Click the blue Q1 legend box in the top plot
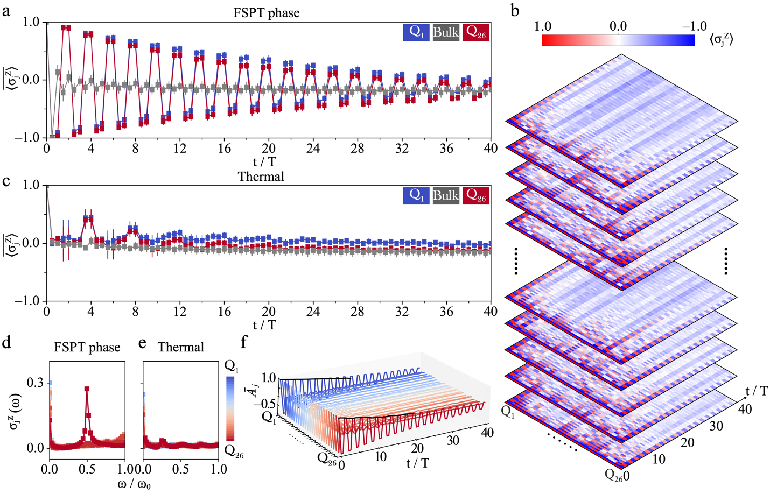coord(416,32)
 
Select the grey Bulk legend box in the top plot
coord(446,32)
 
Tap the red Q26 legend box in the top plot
coord(475,32)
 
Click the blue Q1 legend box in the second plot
coord(416,195)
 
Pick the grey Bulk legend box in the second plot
coord(446,195)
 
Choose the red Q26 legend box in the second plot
coord(475,195)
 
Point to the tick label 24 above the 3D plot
coord(313,312)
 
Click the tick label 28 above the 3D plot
coord(358,312)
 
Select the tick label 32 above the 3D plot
coord(402,312)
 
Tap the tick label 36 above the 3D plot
coord(446,312)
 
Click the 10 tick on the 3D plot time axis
coord(380,457)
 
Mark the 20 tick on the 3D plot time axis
coord(417,448)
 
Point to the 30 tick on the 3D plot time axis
coord(453,440)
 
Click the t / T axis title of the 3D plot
coord(417,463)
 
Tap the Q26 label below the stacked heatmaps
coord(613,475)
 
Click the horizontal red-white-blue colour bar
coord(618,40)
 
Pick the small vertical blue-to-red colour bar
coord(230,408)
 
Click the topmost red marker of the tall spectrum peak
coord(87,388)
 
